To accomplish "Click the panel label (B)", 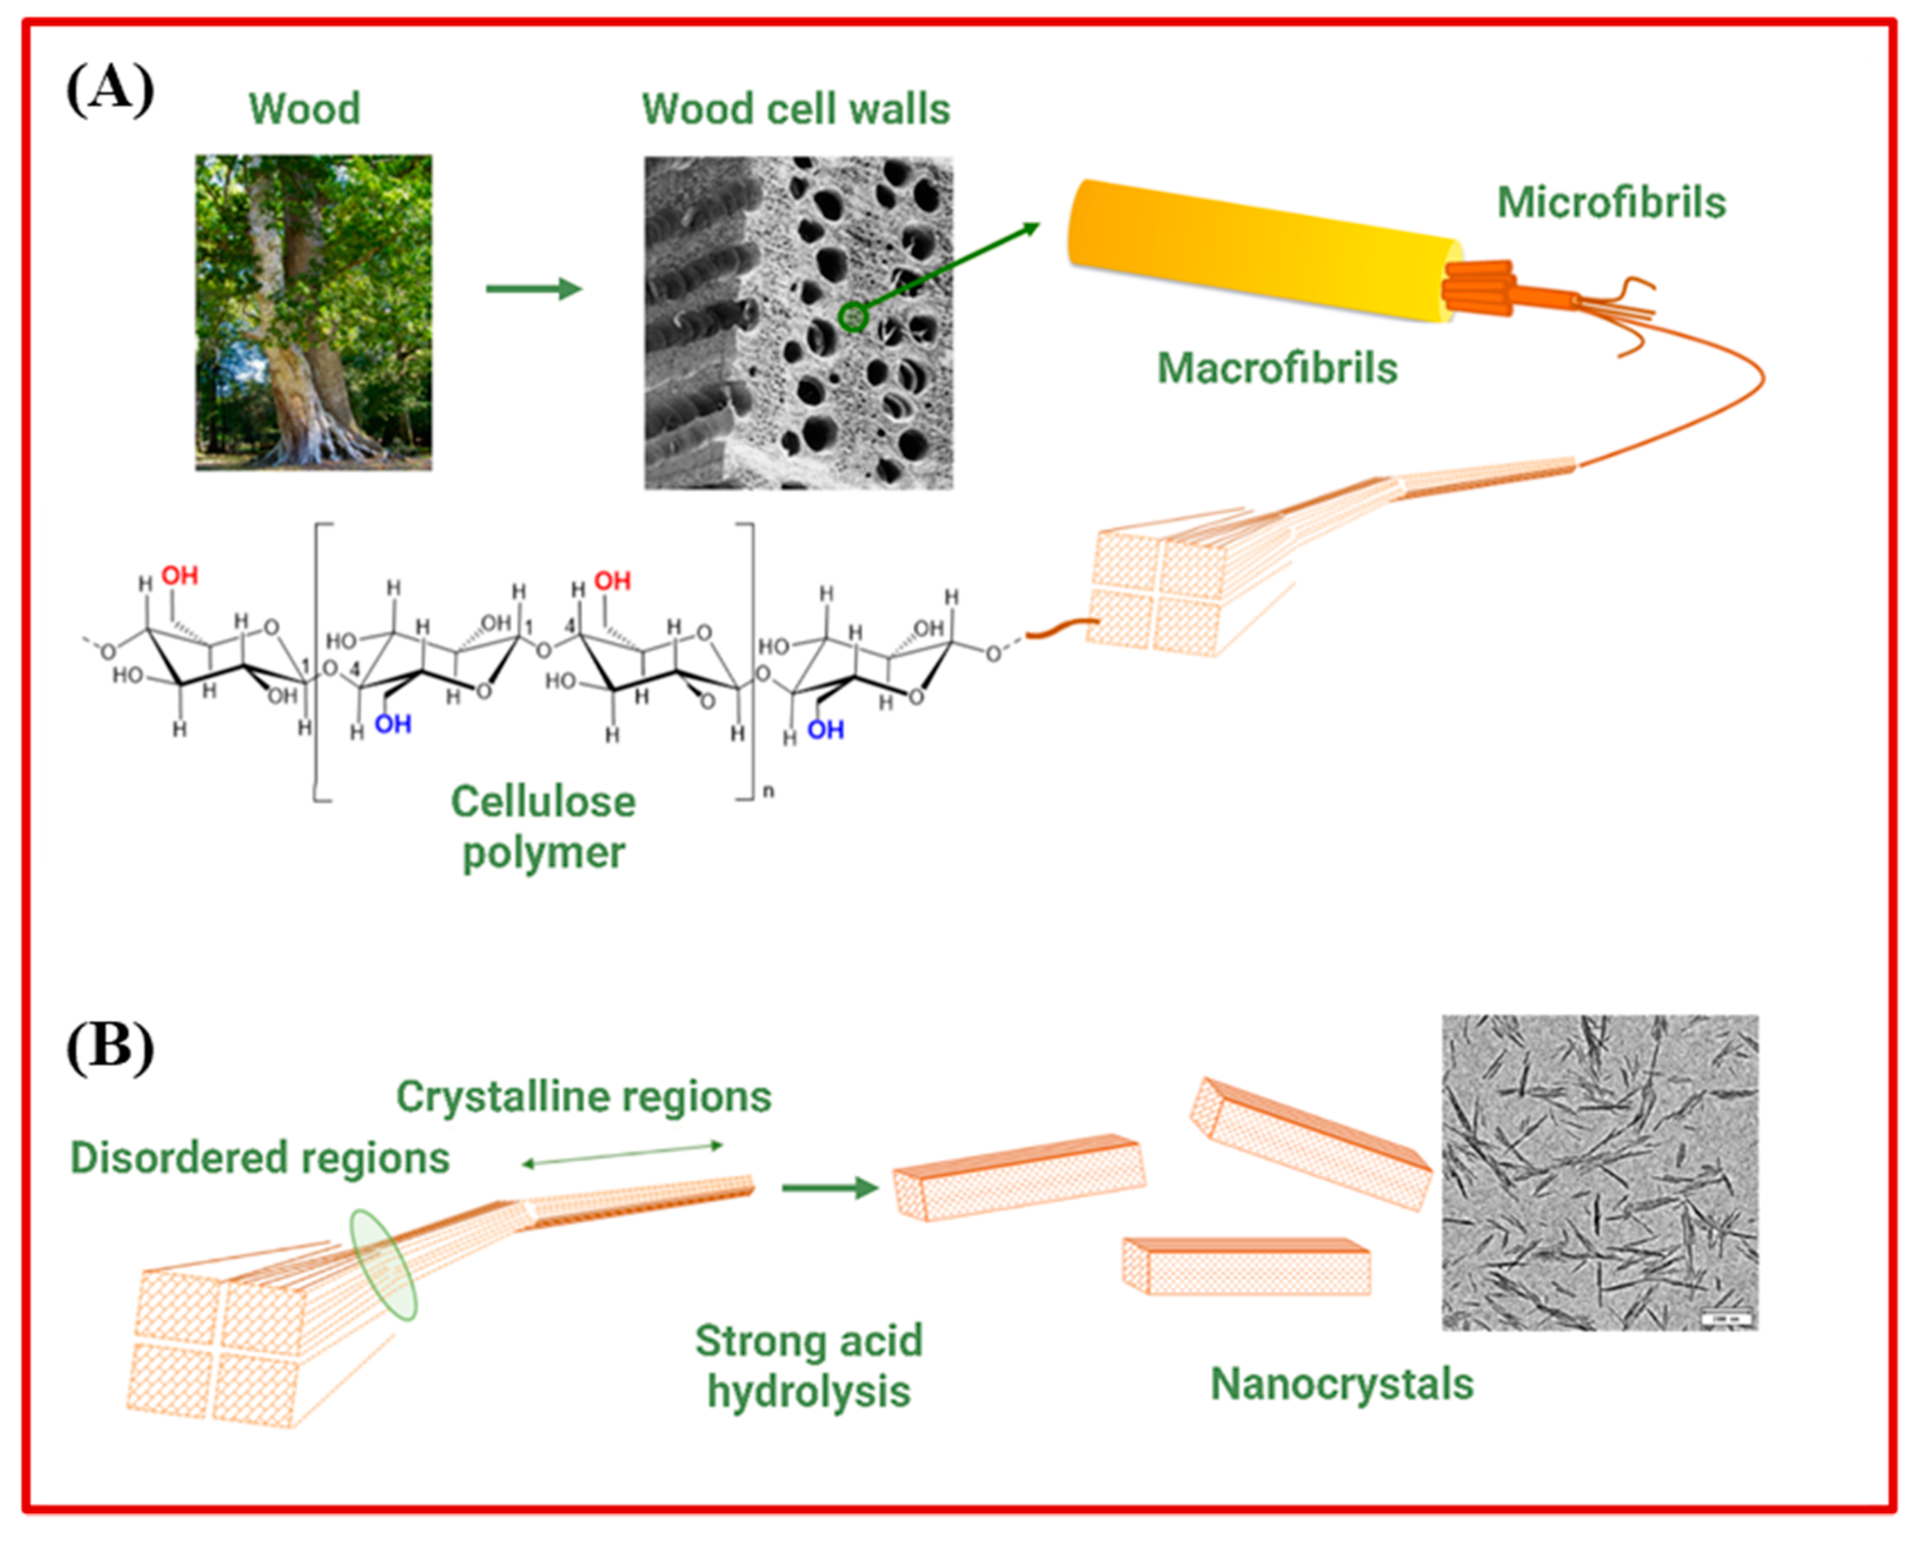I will [109, 1047].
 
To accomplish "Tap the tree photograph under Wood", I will [313, 312].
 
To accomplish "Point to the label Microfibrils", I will [1611, 203].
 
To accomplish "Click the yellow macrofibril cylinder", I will [1263, 249].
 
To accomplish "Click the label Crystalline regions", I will [584, 1096].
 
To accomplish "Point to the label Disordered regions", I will [260, 1158].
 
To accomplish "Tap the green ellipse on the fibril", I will [383, 1264].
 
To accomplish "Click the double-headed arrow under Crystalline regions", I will [623, 1154].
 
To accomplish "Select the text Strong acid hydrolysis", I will [808, 1366].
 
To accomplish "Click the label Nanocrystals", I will [1341, 1384].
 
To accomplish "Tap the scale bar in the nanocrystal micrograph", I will [1726, 1318].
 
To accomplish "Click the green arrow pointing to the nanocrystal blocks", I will [829, 1187].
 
